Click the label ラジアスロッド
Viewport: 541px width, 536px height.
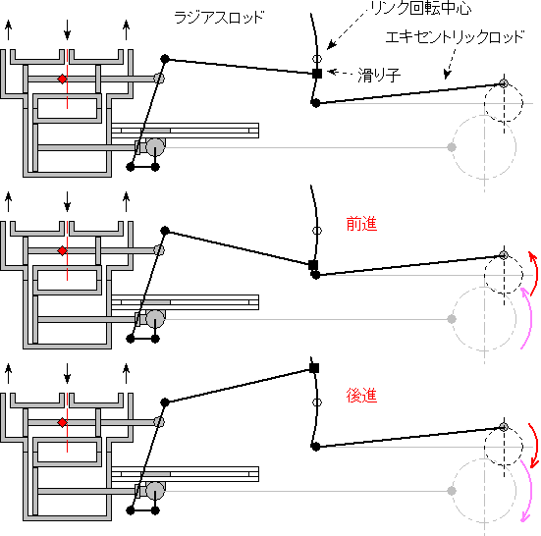219,18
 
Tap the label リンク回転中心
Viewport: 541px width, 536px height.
421,8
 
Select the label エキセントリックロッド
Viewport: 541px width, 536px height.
455,37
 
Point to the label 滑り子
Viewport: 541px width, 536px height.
379,75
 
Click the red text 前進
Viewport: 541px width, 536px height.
361,224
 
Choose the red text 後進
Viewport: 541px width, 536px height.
361,396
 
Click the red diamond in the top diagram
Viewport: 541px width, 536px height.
62,79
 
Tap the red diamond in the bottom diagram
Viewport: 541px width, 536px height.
62,422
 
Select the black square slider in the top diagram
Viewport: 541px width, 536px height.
317,74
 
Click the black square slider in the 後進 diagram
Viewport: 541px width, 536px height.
314,368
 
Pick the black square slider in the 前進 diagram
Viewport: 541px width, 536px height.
313,265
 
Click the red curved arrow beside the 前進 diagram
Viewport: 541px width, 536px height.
534,274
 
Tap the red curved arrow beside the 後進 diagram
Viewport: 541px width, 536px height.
534,445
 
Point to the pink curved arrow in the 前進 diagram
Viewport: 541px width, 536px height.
528,318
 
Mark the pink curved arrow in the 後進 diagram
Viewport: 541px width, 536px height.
528,490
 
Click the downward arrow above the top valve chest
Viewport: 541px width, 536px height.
68,29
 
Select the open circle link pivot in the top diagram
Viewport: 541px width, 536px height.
317,59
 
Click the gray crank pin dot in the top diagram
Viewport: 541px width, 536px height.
452,147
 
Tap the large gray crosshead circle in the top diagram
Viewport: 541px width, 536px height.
155,147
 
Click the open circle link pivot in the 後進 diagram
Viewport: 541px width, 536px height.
317,402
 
